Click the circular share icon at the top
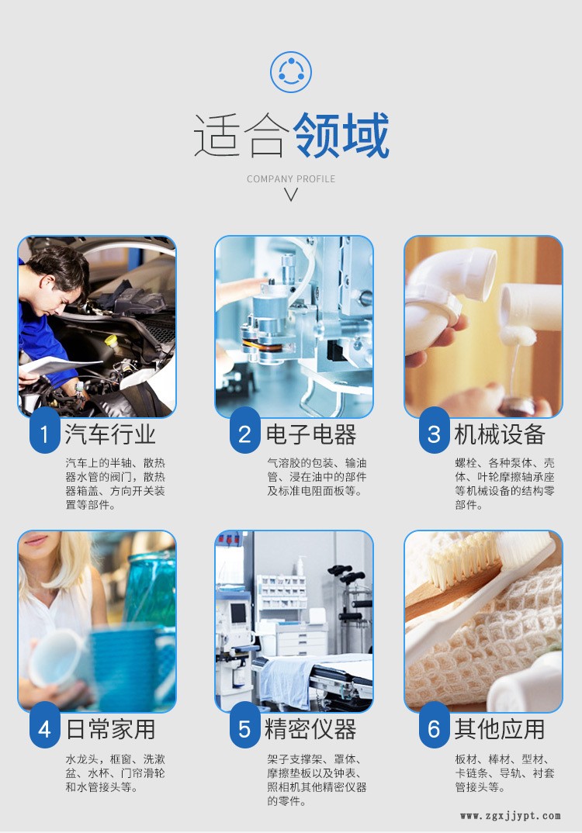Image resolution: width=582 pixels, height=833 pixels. coord(291,71)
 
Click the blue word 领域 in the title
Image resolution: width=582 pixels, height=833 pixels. coord(341,136)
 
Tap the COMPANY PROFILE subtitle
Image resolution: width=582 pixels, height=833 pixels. coord(291,179)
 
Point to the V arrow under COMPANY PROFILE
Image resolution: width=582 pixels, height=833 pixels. coord(291,195)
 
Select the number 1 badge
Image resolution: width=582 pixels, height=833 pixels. coord(44,434)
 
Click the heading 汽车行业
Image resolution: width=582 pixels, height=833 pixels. coord(110,434)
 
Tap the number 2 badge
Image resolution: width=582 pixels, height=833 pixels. coord(244,434)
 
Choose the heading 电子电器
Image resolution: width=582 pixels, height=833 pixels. coord(311,434)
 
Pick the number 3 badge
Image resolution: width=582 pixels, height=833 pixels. coord(435,434)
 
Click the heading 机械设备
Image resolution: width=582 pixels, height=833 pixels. coord(500,434)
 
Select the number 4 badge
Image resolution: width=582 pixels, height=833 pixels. coord(44,728)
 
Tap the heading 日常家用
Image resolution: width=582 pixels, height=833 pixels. coord(110,729)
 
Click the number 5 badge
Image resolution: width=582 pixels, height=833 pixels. coord(244,728)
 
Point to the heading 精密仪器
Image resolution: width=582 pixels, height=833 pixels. coord(311,729)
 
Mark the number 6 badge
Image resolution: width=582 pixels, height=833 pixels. coord(435,728)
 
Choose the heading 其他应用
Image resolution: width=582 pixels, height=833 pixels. coord(500,729)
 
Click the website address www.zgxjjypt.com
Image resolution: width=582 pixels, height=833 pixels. coord(511,815)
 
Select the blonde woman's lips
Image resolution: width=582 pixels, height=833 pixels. coord(36,541)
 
